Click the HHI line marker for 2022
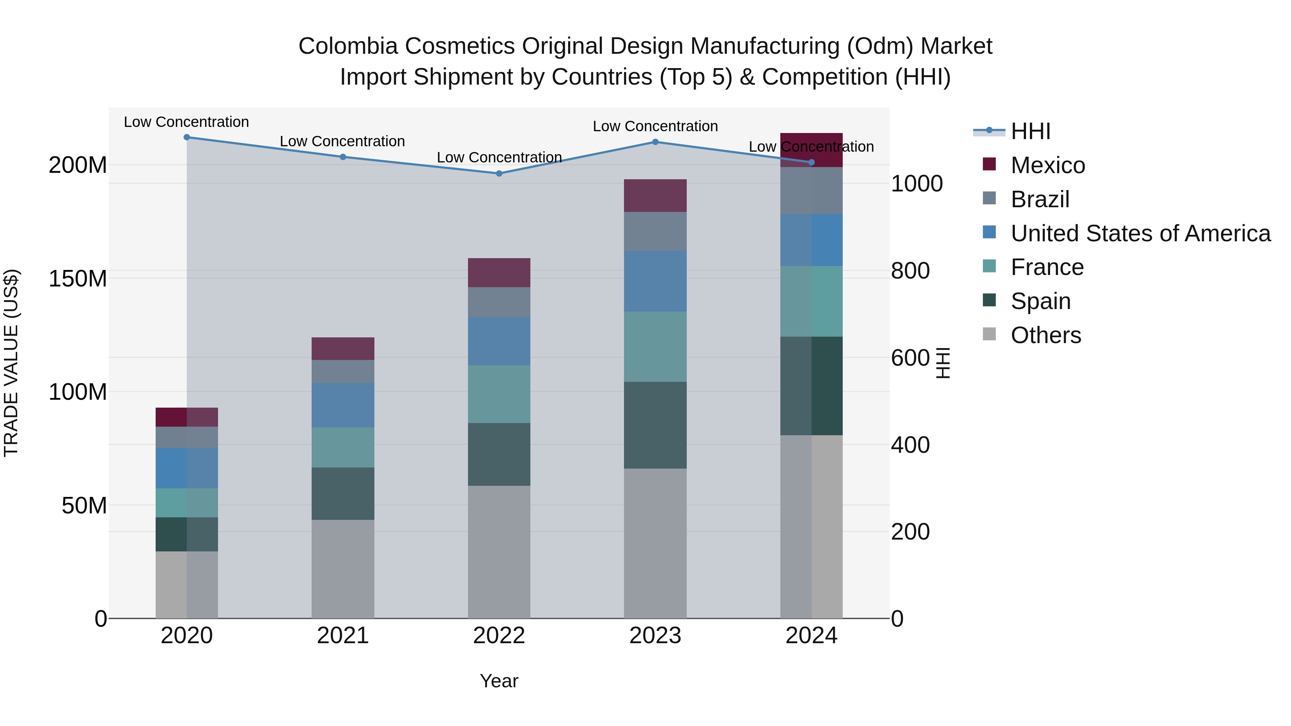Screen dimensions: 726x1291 point(499,174)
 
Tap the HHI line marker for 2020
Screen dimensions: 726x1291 point(186,137)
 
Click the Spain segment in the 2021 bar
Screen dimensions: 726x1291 point(343,494)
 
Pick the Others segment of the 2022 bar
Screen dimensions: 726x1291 point(499,551)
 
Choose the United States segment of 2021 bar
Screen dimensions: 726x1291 point(343,405)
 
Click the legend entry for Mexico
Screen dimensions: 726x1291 point(1048,165)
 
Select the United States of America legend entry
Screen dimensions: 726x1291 point(1140,233)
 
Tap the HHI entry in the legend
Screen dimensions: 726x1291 point(1030,131)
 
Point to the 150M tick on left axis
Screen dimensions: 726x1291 point(78,279)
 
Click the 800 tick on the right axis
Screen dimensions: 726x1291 point(910,271)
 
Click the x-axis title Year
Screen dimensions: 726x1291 point(499,681)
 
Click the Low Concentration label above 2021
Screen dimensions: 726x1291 point(342,141)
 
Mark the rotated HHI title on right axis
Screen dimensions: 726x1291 point(943,363)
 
